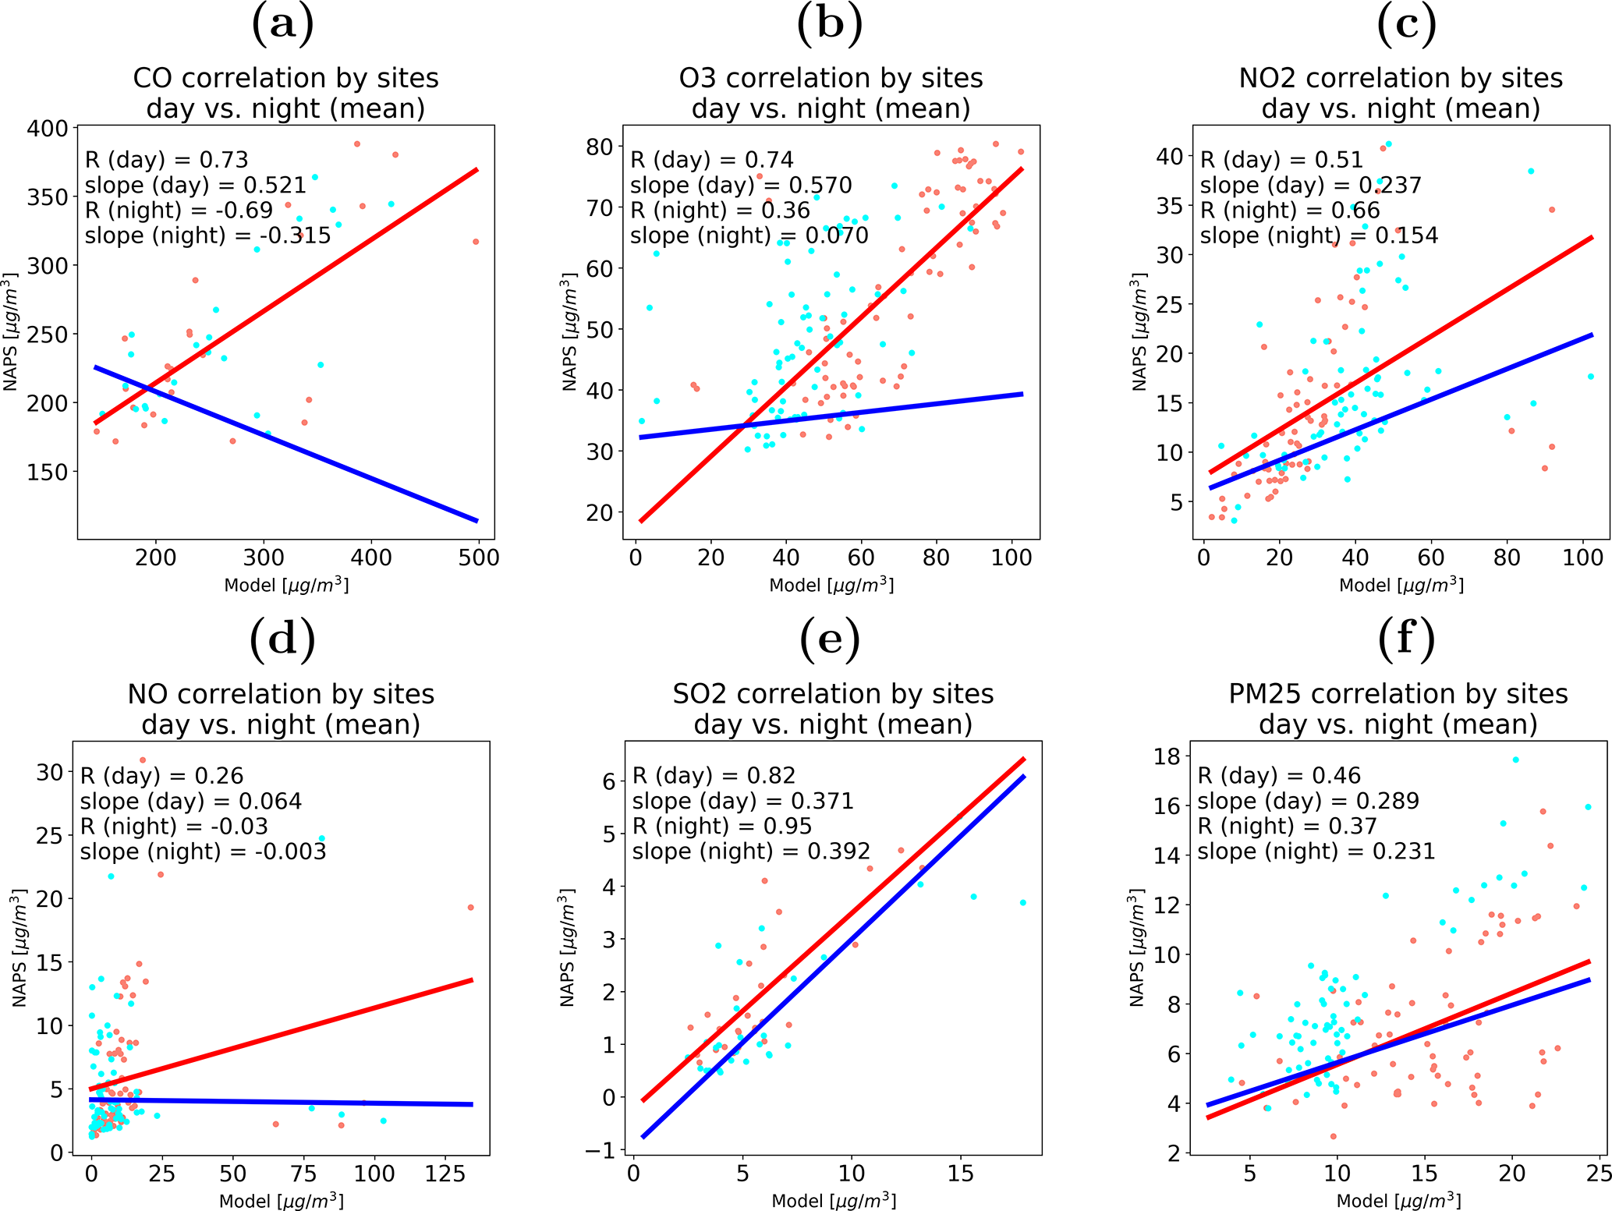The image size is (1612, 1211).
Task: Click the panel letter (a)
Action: (x=283, y=23)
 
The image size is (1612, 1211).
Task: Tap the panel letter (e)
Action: (x=830, y=639)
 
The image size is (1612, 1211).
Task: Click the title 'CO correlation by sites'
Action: (x=285, y=78)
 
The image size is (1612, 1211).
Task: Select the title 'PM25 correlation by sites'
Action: (x=1398, y=694)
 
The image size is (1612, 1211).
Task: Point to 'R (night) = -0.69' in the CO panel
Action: (x=179, y=211)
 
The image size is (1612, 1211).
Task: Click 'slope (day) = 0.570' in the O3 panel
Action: (x=740, y=186)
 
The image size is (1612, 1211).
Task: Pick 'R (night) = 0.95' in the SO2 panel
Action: (x=721, y=827)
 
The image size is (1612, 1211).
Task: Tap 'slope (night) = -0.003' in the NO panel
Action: (x=203, y=852)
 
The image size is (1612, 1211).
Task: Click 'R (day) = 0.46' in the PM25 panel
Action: (x=1278, y=776)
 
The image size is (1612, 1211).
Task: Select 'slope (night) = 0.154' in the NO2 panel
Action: (x=1318, y=235)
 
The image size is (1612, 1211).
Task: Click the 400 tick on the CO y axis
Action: (x=48, y=128)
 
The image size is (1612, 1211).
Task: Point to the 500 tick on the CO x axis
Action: (x=478, y=558)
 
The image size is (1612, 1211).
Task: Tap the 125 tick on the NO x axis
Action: (x=445, y=1174)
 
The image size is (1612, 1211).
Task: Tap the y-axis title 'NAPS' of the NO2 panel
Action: (x=1139, y=331)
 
